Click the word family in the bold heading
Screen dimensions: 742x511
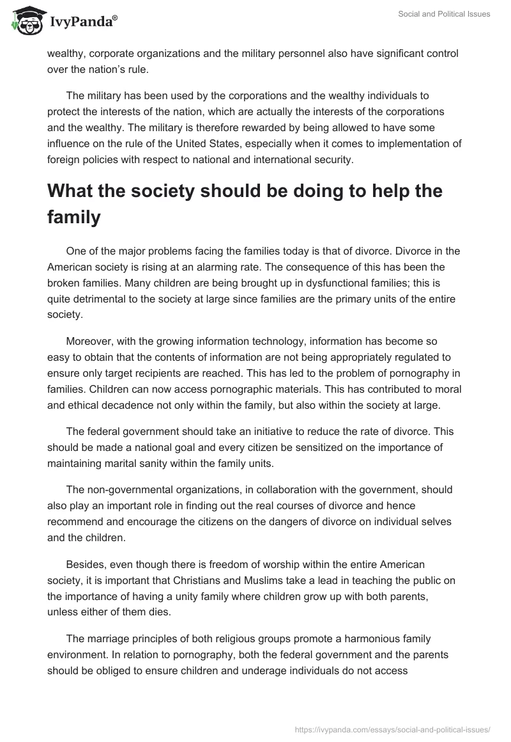74,217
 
